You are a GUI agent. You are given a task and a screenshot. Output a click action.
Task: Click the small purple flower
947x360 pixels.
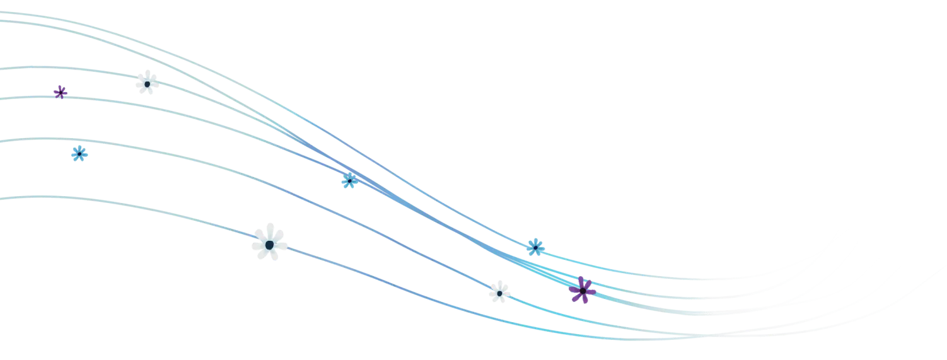click(x=60, y=92)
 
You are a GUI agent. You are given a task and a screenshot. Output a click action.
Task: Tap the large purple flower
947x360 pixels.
click(x=582, y=290)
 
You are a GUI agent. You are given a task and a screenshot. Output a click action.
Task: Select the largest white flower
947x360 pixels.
click(x=269, y=242)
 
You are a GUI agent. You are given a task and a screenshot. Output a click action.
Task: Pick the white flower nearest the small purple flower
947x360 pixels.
click(x=147, y=83)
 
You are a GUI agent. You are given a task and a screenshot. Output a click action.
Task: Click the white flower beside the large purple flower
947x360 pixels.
click(x=499, y=292)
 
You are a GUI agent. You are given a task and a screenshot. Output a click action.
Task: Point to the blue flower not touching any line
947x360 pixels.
click(x=79, y=153)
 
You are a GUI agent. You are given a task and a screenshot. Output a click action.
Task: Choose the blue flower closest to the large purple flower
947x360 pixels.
click(x=535, y=247)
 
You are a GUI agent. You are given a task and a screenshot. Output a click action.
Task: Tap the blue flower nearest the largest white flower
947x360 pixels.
click(x=349, y=181)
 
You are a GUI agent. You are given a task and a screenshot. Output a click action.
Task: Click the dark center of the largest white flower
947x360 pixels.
click(x=269, y=244)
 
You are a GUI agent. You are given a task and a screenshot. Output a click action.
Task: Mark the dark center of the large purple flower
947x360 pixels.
click(x=583, y=290)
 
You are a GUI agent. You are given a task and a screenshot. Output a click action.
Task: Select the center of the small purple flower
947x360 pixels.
click(x=60, y=92)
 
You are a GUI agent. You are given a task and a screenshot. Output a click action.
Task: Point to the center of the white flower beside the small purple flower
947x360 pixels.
click(x=147, y=83)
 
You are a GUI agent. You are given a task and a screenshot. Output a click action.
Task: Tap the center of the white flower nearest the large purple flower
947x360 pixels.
click(x=499, y=293)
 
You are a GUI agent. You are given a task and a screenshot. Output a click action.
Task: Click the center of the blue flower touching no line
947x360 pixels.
click(x=79, y=153)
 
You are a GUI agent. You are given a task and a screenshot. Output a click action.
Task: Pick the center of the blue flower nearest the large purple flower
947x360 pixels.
click(x=535, y=247)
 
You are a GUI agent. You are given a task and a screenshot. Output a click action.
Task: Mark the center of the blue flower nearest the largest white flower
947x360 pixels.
click(x=349, y=181)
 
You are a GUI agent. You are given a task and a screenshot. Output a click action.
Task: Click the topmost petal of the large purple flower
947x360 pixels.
click(x=580, y=279)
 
